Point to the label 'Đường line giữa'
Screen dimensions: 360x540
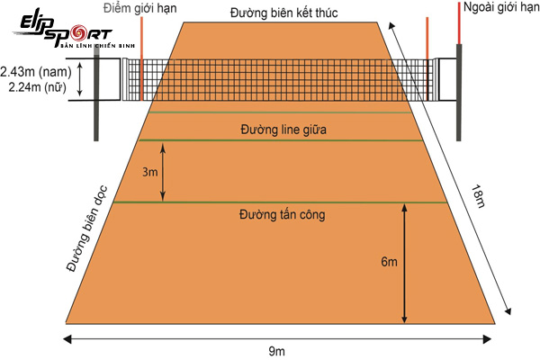pos(283,129)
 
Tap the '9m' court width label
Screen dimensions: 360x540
pos(278,349)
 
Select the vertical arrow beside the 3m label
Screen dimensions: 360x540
pos(163,171)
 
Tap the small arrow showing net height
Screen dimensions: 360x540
pos(80,78)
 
